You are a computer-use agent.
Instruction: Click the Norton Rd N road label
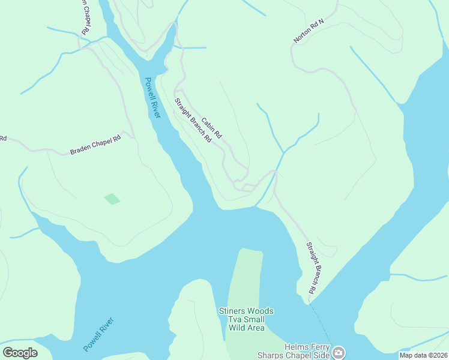point(309,31)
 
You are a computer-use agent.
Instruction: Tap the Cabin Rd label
point(211,128)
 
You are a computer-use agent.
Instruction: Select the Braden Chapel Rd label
point(95,145)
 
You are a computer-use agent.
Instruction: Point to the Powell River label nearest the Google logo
point(98,334)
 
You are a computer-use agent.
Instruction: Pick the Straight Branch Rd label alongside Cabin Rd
point(193,120)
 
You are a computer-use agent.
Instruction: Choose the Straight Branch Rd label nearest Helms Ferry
point(311,268)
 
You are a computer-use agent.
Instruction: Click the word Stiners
point(232,311)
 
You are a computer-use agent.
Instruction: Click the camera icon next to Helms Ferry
point(339,352)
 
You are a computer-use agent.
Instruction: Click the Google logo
point(20,353)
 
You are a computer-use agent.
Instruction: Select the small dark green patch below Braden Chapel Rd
point(112,199)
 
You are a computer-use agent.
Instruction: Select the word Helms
point(297,346)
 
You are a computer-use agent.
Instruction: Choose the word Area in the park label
point(256,328)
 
